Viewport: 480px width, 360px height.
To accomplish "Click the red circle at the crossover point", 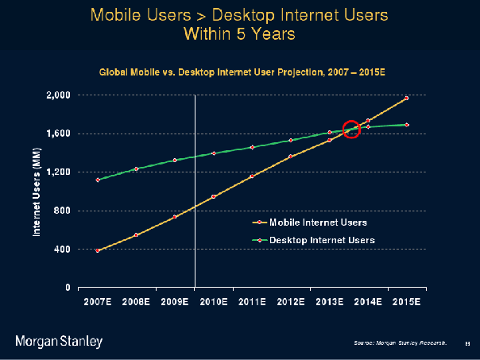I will [x=352, y=130].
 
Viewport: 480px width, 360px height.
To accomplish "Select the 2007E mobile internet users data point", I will [x=98, y=250].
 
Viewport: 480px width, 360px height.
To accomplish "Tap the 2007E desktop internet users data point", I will [x=98, y=180].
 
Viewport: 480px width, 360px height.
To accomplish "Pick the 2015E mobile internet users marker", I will [x=407, y=98].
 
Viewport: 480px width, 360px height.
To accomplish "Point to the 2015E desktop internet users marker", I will [x=407, y=125].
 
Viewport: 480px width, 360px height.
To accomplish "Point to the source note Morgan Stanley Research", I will [x=400, y=343].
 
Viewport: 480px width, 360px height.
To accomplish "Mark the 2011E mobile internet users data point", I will [x=252, y=176].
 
